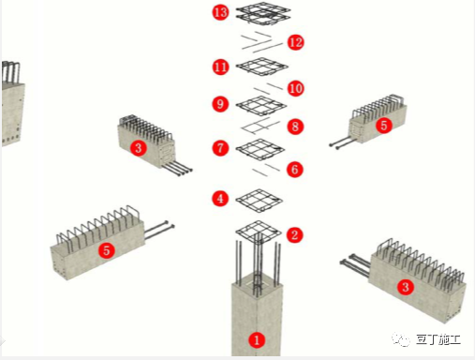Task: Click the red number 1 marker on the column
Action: coord(257,339)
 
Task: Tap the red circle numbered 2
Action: coord(294,234)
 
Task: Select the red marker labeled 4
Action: coord(220,199)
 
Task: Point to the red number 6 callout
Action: coord(294,170)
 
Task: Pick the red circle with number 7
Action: coord(220,148)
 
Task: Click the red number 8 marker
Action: coord(295,127)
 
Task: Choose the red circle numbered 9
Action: coord(220,104)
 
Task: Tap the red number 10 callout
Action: coord(295,88)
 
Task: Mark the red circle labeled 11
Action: coord(220,67)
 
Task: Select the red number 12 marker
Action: coord(295,42)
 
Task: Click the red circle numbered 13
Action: coord(220,12)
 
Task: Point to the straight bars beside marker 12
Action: coord(261,41)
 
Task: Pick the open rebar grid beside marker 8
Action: coord(261,127)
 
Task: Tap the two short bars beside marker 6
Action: coord(266,169)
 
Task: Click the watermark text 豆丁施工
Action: coord(438,339)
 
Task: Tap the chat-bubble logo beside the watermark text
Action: coord(401,339)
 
